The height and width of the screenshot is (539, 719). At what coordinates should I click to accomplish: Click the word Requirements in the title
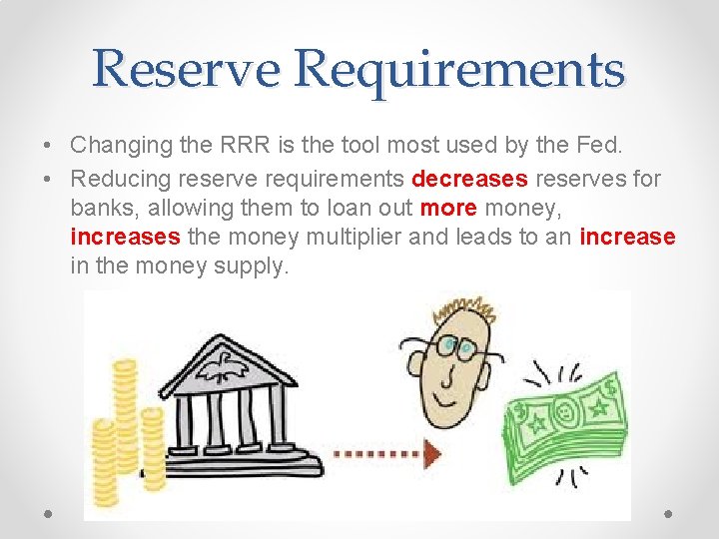pyautogui.click(x=460, y=70)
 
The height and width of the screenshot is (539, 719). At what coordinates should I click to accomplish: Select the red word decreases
pyautogui.click(x=469, y=179)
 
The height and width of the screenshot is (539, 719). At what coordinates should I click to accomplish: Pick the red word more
pyautogui.click(x=441, y=209)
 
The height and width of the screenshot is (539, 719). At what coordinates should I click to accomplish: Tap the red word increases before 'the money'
pyautogui.click(x=125, y=238)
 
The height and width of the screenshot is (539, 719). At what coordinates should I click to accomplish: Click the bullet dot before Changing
pyautogui.click(x=49, y=146)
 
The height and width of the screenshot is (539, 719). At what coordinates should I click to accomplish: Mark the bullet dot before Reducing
pyautogui.click(x=49, y=180)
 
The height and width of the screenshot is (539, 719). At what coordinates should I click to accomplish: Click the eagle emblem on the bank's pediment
pyautogui.click(x=222, y=367)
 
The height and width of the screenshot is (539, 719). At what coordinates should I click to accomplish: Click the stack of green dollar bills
pyautogui.click(x=563, y=429)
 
